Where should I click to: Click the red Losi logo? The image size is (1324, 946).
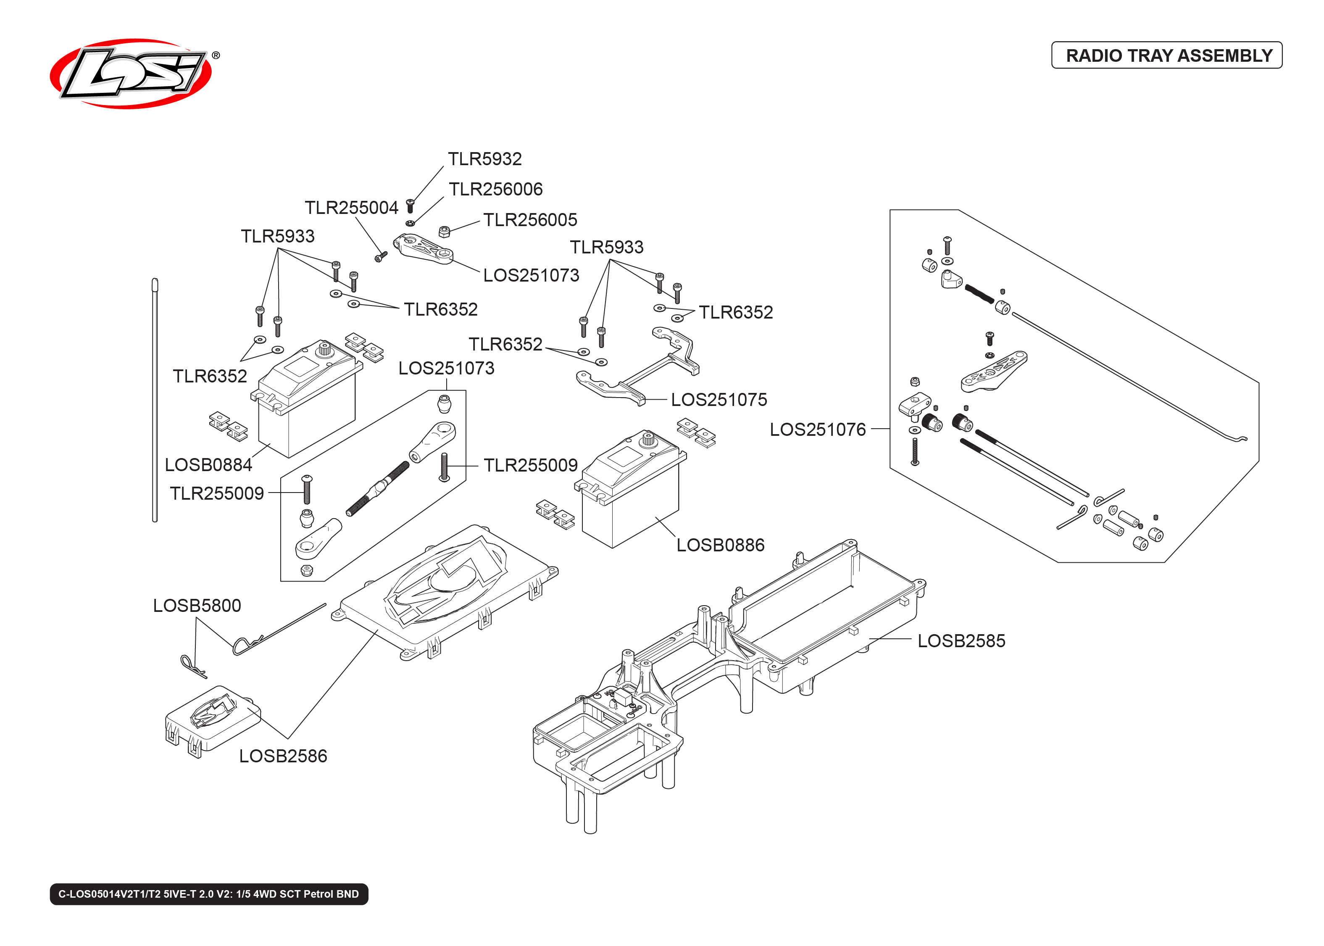click(131, 74)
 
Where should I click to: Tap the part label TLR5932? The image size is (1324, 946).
click(484, 158)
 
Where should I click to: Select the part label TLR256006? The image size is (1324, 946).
click(495, 189)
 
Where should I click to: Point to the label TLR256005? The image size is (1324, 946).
click(530, 220)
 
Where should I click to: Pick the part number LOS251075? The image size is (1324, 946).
click(719, 400)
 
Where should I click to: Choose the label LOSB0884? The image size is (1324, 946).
click(208, 465)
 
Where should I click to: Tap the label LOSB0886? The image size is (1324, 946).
click(720, 545)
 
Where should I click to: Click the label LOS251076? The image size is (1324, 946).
click(817, 430)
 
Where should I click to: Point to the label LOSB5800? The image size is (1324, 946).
click(197, 606)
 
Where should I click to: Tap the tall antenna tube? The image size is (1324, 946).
click(155, 402)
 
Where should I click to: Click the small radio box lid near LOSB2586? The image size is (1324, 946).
click(213, 719)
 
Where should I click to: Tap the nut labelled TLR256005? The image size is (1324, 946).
click(444, 232)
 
